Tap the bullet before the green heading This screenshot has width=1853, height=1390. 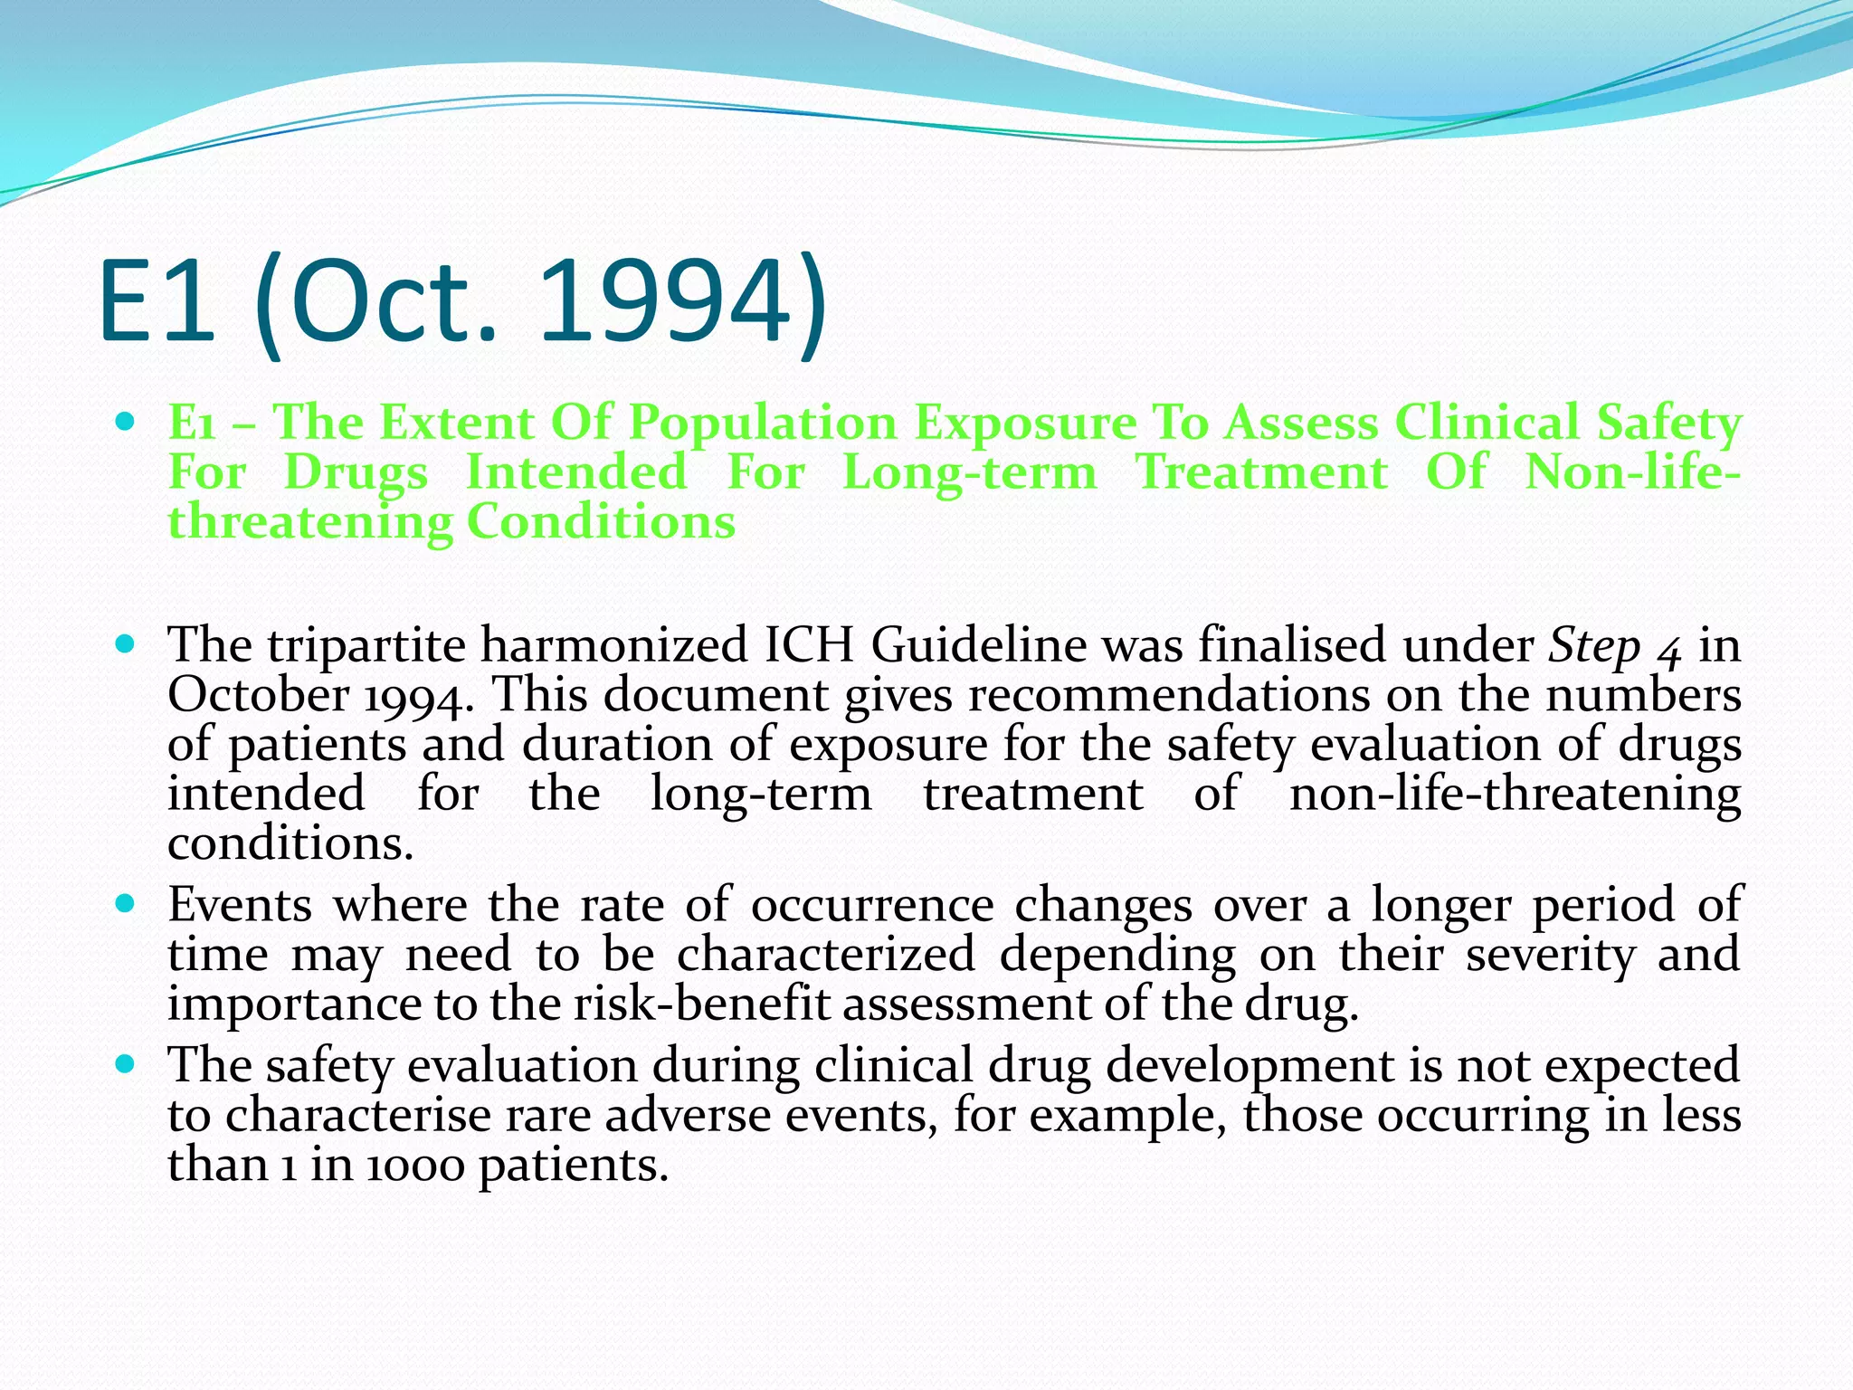126,422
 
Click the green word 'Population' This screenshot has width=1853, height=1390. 762,424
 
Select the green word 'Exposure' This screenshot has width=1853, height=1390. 1024,424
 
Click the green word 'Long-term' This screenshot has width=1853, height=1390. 969,473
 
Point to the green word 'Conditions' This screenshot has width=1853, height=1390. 601,522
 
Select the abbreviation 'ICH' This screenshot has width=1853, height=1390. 809,645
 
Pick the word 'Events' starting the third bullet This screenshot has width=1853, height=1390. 239,904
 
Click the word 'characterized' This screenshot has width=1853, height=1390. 826,954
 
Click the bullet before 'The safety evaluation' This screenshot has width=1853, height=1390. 126,1064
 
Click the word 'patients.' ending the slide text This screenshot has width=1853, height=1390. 574,1166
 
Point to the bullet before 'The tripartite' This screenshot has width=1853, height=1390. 126,645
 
